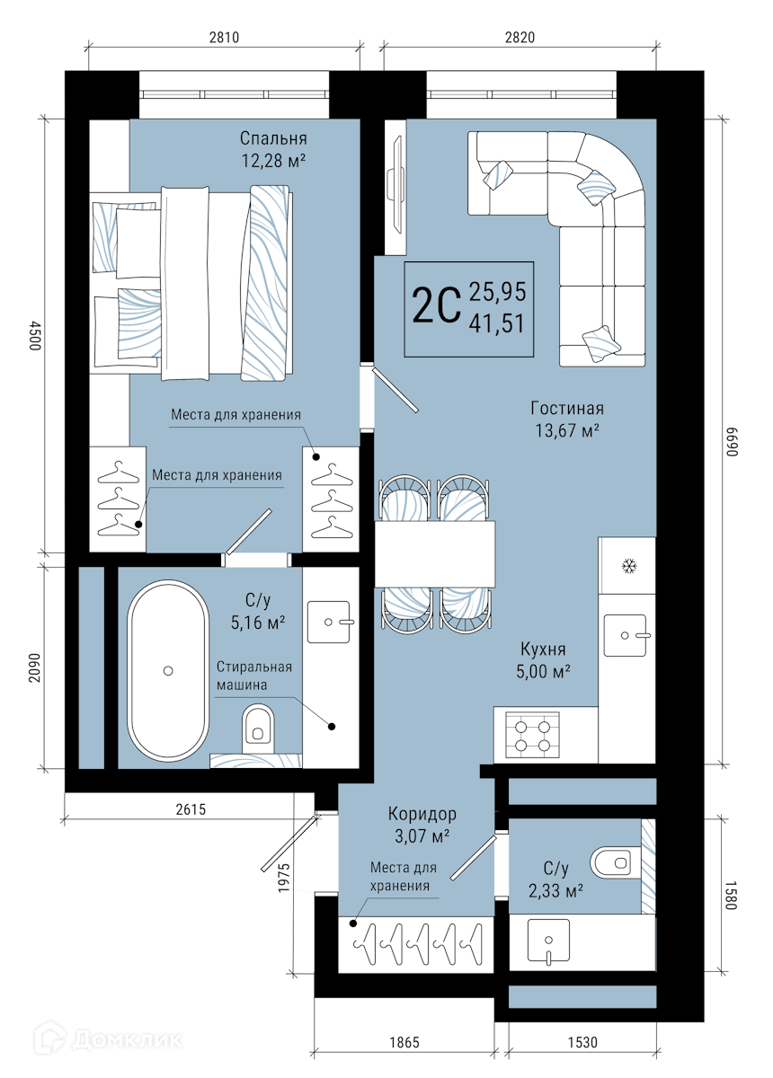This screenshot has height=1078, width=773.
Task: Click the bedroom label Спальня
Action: point(273,138)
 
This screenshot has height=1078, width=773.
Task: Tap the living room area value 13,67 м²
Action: point(567,430)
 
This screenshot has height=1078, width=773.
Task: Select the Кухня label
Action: point(543,649)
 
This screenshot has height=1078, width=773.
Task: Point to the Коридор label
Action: point(422,814)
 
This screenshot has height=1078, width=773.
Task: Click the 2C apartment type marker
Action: point(436,306)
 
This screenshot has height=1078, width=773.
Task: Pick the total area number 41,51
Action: point(496,323)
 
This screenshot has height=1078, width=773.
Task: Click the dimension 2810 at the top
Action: point(224,37)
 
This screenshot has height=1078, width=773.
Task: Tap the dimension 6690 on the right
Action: point(731,441)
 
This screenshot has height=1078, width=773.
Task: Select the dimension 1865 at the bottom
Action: point(404,1042)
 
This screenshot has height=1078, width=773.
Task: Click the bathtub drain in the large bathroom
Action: point(168,670)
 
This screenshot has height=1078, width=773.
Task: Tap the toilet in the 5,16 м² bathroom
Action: point(258,729)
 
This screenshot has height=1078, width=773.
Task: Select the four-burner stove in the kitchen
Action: point(532,735)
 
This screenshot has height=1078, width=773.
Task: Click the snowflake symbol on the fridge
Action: point(628,566)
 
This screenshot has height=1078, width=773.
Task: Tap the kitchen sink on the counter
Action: point(626,635)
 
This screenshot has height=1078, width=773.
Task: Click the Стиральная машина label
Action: point(253,676)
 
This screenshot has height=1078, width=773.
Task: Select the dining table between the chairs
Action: point(435,554)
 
